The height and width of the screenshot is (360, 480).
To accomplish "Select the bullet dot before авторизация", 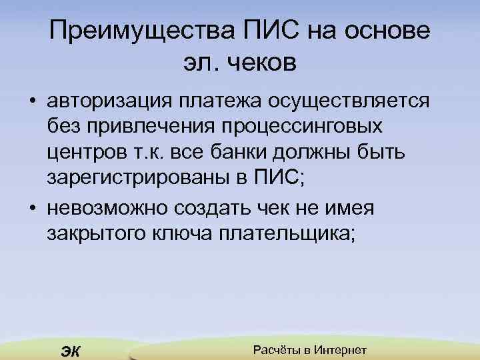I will [x=32, y=102].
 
